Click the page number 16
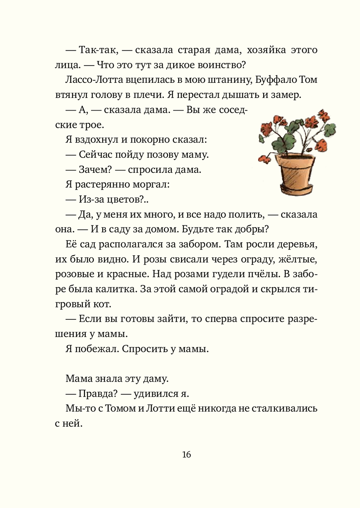point(186,454)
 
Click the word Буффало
point(276,80)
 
